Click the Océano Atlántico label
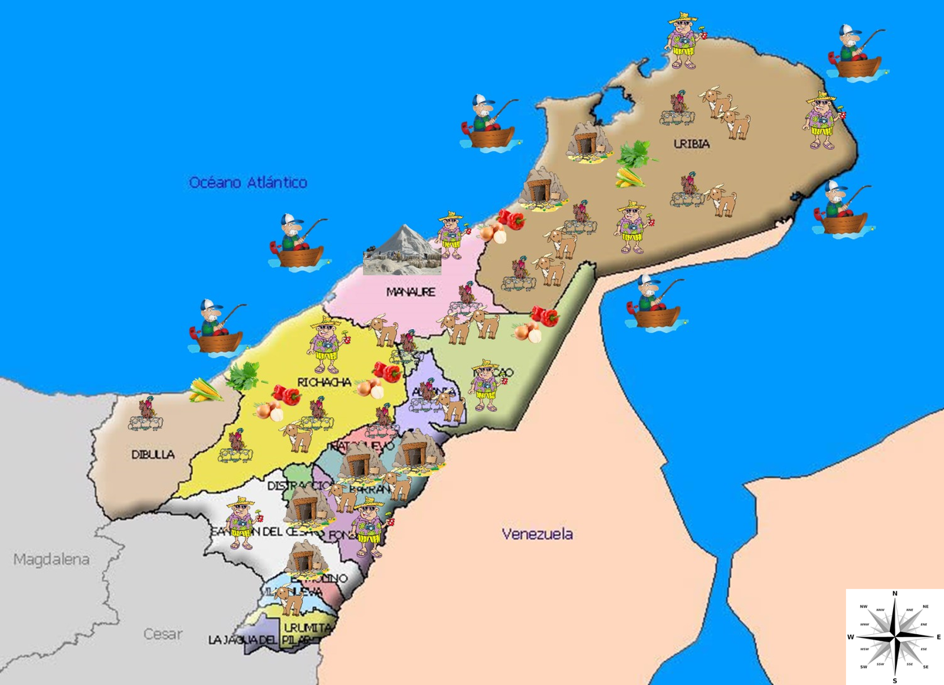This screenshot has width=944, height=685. tap(248, 182)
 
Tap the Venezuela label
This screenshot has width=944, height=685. tap(537, 534)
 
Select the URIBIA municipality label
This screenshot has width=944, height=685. tap(691, 143)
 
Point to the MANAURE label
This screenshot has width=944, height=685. tap(411, 291)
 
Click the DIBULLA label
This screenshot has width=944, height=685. tap(153, 454)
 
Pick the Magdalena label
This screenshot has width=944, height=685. tap(51, 559)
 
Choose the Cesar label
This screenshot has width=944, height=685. tap(163, 634)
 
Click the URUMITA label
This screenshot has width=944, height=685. tap(307, 628)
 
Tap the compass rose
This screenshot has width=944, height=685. tap(894, 637)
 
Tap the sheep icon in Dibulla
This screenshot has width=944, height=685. tap(146, 415)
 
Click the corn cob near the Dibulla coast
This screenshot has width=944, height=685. tap(205, 391)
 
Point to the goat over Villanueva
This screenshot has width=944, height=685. tap(290, 599)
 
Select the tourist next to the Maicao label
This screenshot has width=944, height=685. tap(486, 385)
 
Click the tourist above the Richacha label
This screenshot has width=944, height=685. tap(325, 345)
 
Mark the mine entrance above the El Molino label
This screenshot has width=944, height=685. tap(305, 558)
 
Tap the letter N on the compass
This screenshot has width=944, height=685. tap(894, 594)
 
